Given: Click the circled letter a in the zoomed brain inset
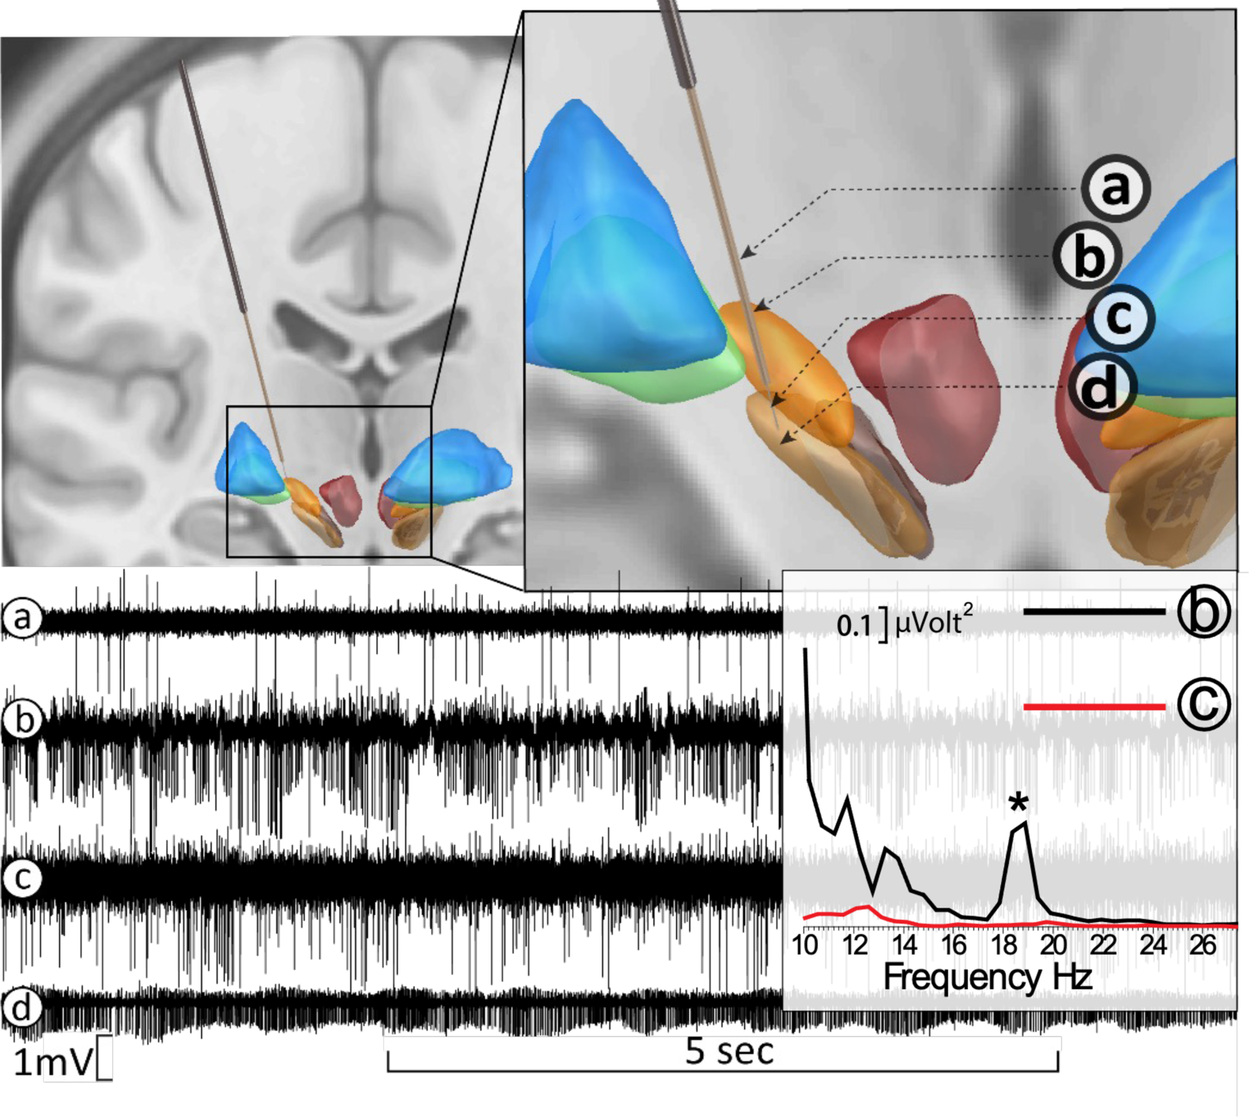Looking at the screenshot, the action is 1115,189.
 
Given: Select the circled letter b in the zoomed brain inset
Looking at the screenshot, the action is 1087,257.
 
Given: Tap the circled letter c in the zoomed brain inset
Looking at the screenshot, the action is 1119,318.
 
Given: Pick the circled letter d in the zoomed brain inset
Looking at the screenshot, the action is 1101,387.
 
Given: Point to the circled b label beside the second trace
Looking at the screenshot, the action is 24,720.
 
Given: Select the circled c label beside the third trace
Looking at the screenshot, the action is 23,878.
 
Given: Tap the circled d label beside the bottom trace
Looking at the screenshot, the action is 22,1007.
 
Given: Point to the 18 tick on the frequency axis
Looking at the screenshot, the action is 1004,945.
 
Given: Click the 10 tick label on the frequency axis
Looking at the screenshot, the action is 805,945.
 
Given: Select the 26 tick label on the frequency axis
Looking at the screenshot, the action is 1203,945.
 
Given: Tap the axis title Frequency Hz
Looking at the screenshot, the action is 987,977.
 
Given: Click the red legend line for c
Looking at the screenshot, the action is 1094,707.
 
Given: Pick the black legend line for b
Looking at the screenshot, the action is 1094,611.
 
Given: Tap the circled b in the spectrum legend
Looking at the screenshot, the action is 1203,611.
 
